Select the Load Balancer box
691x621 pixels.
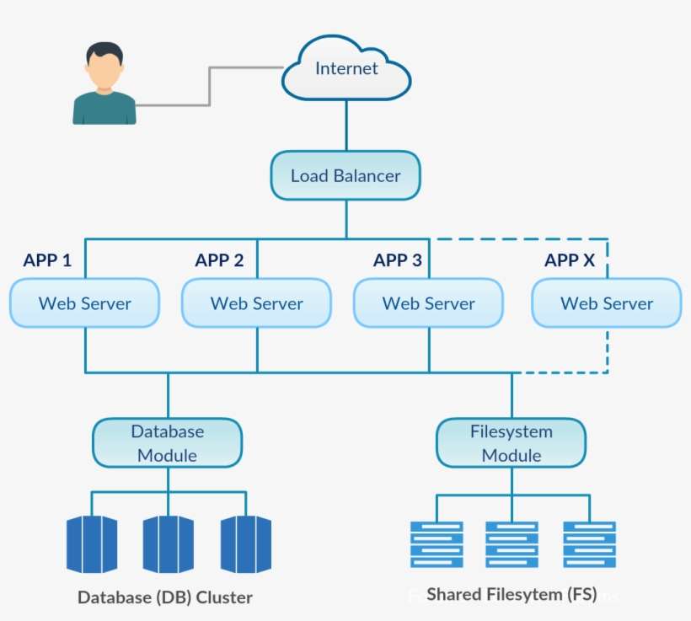click(x=345, y=176)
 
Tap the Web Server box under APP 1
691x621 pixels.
click(x=84, y=303)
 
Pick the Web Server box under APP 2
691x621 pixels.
click(x=256, y=303)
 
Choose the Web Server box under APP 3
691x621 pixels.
click(x=428, y=303)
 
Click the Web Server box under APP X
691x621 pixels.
click(x=606, y=303)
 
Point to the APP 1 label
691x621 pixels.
click(x=47, y=260)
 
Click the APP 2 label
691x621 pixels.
click(x=219, y=260)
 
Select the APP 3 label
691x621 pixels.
click(x=398, y=260)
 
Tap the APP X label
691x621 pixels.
click(x=570, y=260)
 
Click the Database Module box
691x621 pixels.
click(x=167, y=443)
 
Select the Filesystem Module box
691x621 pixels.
click(x=511, y=443)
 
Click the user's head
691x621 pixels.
click(x=104, y=67)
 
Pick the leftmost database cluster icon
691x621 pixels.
click(x=91, y=544)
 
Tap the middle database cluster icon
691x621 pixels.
click(x=169, y=544)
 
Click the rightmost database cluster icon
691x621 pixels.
click(x=246, y=544)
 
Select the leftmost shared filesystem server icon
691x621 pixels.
click(x=436, y=544)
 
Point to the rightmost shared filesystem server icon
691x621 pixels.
click(x=590, y=544)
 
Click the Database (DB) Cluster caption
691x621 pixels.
click(x=165, y=597)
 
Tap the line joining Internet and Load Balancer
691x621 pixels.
click(x=346, y=126)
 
